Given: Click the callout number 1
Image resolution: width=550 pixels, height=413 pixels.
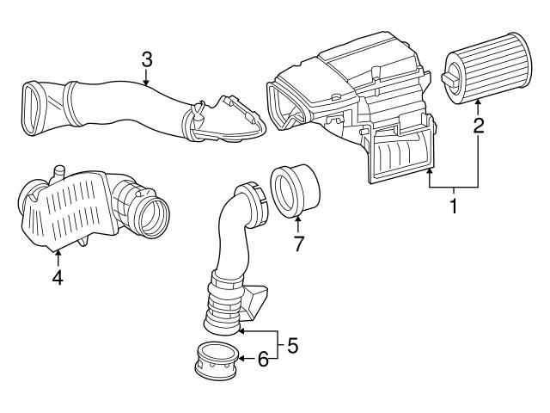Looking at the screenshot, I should [x=453, y=206].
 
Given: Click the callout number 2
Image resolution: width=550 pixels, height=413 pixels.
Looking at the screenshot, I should [x=479, y=126].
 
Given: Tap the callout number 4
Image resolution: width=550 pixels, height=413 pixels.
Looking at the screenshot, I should [x=58, y=278].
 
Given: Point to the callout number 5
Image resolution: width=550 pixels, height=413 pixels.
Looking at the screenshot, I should [x=292, y=346].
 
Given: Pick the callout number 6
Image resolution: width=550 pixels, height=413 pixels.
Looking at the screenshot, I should [x=263, y=360].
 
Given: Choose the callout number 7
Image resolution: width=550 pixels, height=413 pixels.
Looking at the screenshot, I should [x=298, y=243].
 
